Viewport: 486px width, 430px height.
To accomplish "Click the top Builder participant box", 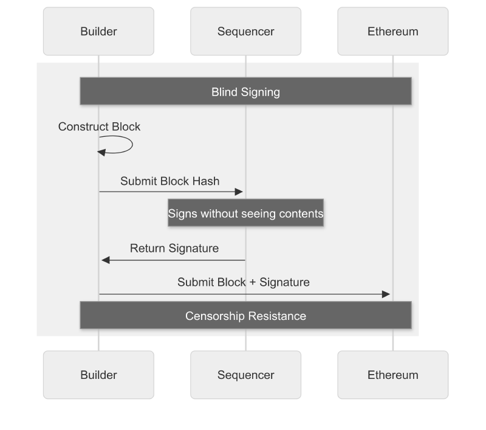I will (98, 32).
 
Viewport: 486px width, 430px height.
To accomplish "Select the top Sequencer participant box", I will (245, 32).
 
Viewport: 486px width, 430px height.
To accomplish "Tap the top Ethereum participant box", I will (392, 32).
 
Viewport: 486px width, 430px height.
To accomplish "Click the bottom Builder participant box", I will (98, 375).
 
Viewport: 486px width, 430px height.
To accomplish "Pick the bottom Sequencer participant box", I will (245, 375).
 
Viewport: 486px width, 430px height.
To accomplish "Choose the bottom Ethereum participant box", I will (392, 375).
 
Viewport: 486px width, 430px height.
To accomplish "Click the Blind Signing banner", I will (245, 92).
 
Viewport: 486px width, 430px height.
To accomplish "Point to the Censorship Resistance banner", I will (245, 316).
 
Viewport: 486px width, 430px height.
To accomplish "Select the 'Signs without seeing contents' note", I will (245, 213).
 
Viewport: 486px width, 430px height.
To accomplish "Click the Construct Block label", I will (99, 127).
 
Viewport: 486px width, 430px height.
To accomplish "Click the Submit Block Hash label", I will (169, 181).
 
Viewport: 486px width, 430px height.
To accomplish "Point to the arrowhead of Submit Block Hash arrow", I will (239, 192).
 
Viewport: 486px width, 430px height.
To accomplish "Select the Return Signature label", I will (174, 248).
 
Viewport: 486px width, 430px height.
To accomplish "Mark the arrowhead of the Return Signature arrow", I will (105, 260).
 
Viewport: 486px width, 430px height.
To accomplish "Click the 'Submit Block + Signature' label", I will (243, 282).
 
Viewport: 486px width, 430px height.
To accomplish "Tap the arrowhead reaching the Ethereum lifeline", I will (386, 294).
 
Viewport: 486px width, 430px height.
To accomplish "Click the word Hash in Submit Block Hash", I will (207, 181).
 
